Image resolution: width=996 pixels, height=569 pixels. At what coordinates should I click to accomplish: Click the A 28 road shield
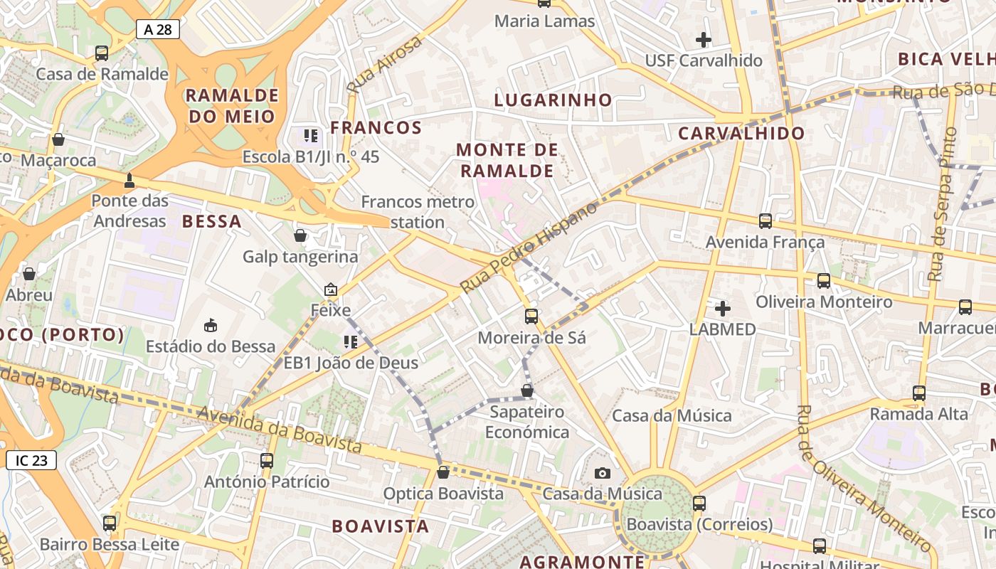click(157, 29)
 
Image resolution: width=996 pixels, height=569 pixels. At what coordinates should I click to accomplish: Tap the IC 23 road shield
click(31, 460)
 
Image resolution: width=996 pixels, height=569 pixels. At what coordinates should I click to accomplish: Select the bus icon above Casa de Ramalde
click(102, 53)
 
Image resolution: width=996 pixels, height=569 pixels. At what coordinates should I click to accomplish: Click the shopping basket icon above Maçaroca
click(58, 139)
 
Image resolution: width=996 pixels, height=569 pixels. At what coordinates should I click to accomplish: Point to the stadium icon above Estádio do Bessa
click(210, 326)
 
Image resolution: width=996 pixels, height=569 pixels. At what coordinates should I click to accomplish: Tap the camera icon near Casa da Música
click(603, 473)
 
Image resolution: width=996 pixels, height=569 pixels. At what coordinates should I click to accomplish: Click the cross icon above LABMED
click(723, 309)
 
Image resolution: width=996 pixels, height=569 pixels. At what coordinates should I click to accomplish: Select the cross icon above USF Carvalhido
click(704, 40)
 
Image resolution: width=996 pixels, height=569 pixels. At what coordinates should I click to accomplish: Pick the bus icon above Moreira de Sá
click(531, 316)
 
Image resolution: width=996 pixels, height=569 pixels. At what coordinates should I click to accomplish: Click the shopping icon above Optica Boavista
click(443, 472)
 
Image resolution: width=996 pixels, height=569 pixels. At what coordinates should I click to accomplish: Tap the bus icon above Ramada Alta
click(919, 393)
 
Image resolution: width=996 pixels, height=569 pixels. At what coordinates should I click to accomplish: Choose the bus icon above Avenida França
click(765, 221)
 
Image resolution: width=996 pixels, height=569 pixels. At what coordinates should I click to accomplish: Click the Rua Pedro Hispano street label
click(529, 247)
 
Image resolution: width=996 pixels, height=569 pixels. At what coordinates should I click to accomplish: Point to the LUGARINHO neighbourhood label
click(553, 100)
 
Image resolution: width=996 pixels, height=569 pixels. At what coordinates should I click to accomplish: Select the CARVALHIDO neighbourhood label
click(741, 133)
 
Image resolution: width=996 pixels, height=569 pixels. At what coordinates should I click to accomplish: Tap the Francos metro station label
click(418, 211)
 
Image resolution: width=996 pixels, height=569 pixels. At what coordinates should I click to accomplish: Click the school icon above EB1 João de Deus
click(350, 342)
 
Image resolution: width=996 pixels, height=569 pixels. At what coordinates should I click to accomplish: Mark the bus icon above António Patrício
click(267, 460)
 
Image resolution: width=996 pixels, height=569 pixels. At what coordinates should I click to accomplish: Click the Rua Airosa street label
click(385, 64)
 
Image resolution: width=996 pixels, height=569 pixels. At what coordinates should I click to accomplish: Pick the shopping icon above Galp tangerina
click(300, 235)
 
